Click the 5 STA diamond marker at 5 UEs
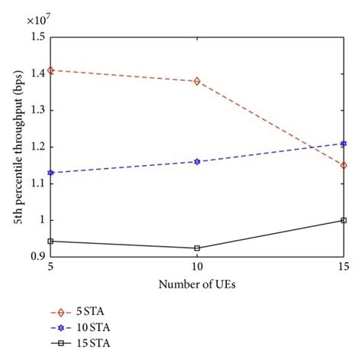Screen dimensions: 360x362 coord(50,70)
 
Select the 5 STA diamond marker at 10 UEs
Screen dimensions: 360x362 coord(197,81)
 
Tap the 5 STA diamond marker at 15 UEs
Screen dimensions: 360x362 coord(344,165)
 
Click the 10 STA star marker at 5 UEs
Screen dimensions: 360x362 coord(50,173)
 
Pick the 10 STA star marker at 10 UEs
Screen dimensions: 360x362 coord(197,161)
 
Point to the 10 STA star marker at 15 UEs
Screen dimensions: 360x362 coord(344,144)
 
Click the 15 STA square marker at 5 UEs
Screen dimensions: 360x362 coord(50,241)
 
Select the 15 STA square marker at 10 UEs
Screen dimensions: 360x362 coord(197,248)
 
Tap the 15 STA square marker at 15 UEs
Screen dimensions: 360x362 coord(344,220)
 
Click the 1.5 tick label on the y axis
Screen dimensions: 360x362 coord(37,37)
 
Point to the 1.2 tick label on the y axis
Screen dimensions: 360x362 coord(37,147)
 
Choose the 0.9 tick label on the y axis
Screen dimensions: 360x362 coord(37,257)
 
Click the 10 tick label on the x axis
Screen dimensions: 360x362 coord(197,269)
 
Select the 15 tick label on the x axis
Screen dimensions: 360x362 coord(343,269)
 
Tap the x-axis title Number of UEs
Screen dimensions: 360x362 coord(196,285)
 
